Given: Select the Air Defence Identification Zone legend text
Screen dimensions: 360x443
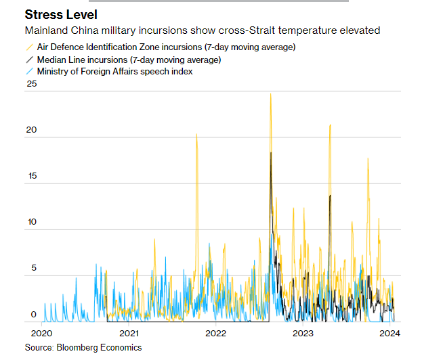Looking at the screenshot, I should pyautogui.click(x=167, y=47).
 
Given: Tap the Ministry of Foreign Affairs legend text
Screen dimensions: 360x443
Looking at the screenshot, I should pyautogui.click(x=114, y=71).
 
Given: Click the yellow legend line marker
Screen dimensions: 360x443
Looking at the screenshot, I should pyautogui.click(x=29, y=47).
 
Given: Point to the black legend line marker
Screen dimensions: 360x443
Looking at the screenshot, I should pyautogui.click(x=29, y=59).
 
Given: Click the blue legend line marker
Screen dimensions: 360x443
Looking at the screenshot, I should pyautogui.click(x=29, y=71).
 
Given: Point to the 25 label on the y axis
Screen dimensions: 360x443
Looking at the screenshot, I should pyautogui.click(x=30, y=85).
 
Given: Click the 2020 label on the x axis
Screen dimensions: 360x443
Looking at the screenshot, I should pyautogui.click(x=42, y=333).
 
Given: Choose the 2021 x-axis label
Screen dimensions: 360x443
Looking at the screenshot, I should pyautogui.click(x=129, y=333).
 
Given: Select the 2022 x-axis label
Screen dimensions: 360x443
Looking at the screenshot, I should pyautogui.click(x=215, y=333).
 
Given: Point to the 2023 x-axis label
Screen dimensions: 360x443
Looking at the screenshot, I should pyautogui.click(x=303, y=333).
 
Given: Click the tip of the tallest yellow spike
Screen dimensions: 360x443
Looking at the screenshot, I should pyautogui.click(x=270, y=94).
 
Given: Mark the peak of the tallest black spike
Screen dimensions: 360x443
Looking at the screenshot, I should pyautogui.click(x=270, y=154).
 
